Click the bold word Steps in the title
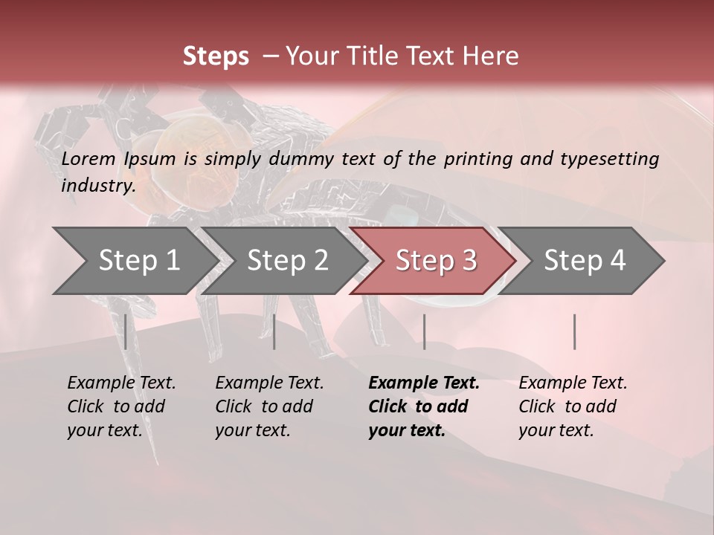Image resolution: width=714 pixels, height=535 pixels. [216, 56]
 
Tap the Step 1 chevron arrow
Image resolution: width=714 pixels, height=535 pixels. [138, 260]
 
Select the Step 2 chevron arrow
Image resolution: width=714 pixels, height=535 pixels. [287, 260]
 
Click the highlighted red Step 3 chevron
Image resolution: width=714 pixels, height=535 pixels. [435, 260]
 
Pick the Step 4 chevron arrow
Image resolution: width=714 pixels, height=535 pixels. [584, 260]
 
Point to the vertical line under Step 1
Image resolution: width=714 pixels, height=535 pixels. [126, 331]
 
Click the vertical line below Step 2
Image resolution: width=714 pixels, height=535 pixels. [274, 331]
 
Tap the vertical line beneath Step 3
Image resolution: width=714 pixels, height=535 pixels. [424, 331]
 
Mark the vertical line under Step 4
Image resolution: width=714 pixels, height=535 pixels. [574, 331]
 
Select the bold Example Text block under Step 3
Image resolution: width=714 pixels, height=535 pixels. [423, 406]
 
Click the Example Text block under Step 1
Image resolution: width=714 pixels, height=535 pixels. [121, 406]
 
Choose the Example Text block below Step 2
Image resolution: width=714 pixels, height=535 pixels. [269, 406]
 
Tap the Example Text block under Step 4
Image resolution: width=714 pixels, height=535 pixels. [573, 406]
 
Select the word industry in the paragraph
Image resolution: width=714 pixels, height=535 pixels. [97, 185]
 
